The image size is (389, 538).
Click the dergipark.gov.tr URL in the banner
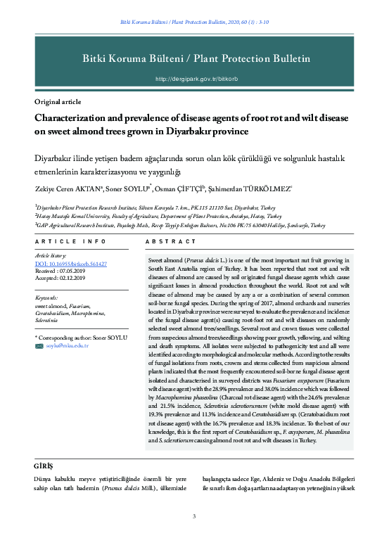[x=193, y=79]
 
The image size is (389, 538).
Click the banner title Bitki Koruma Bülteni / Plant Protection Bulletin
[x=194, y=58]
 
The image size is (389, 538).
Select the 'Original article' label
[x=59, y=102]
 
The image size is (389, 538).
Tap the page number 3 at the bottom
[x=194, y=518]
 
